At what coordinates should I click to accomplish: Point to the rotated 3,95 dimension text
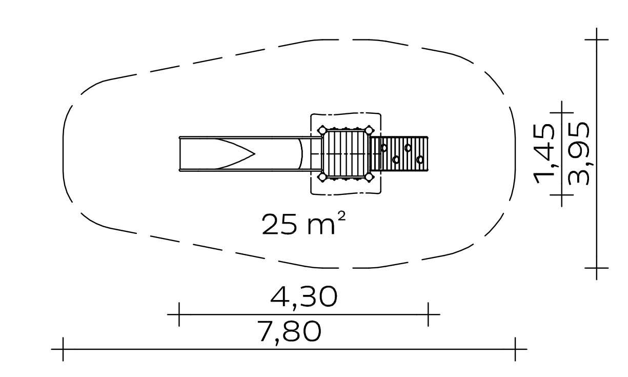point(578,154)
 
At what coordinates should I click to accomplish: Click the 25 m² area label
point(303,224)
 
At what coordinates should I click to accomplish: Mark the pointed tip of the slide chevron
point(254,154)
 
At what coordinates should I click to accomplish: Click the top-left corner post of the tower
point(322,130)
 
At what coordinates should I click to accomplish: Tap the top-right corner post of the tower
point(369,130)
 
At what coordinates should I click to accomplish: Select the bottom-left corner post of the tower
point(322,177)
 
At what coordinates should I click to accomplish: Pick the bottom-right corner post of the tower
point(369,177)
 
